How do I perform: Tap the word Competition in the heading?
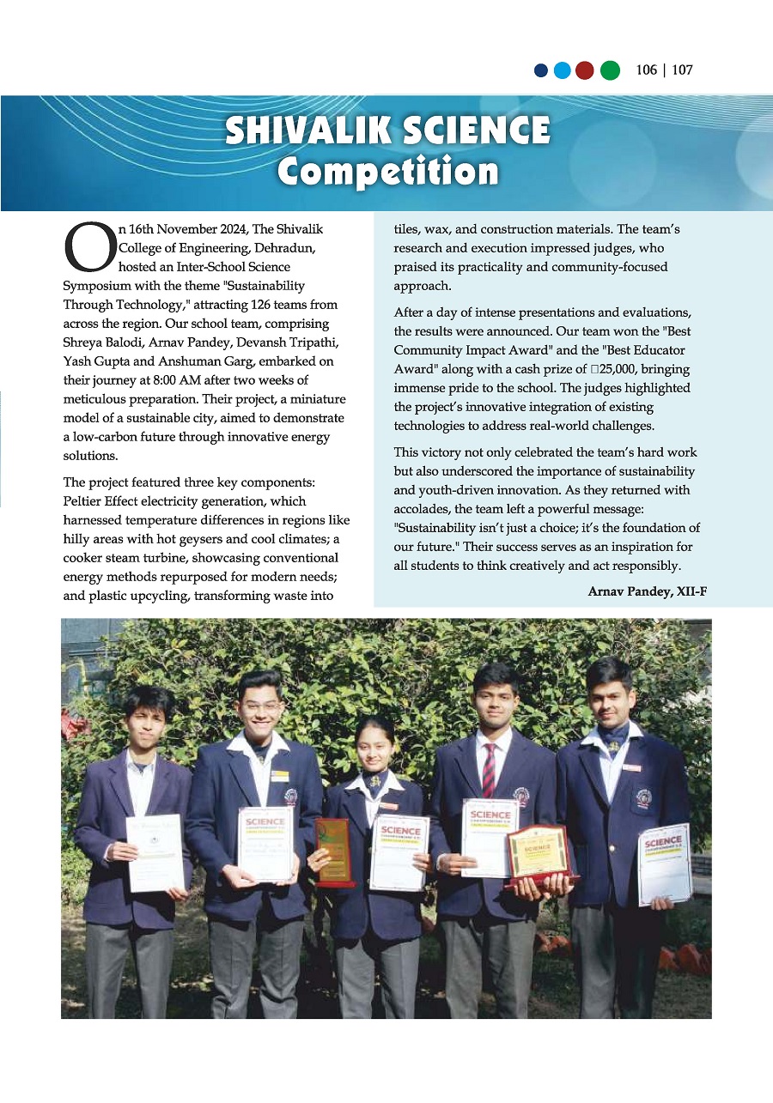click(387, 172)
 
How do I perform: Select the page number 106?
click(647, 70)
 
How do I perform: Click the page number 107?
click(682, 70)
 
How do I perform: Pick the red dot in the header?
click(584, 70)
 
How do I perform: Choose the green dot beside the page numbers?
click(610, 70)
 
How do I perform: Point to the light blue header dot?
click(563, 70)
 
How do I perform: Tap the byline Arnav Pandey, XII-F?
click(647, 592)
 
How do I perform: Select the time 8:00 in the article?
click(159, 361)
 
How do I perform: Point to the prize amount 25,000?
click(615, 369)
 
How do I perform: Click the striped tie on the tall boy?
click(488, 769)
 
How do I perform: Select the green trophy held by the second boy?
click(332, 851)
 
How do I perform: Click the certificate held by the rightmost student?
click(665, 863)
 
